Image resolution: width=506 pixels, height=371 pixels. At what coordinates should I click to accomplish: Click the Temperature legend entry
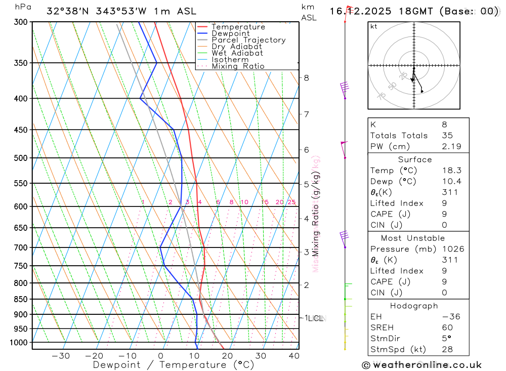[x=238, y=27]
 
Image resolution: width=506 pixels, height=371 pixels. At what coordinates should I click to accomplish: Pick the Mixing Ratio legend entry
[x=238, y=66]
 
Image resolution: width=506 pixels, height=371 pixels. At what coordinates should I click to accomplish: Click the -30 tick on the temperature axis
[x=61, y=356]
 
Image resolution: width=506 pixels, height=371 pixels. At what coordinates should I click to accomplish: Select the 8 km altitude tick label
[x=306, y=78]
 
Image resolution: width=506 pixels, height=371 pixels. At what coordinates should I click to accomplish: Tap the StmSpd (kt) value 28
[x=447, y=349]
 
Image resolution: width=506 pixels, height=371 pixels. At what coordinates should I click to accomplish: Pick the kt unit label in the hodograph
[x=374, y=27]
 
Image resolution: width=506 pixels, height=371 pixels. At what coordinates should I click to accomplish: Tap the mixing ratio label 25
[x=291, y=202]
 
